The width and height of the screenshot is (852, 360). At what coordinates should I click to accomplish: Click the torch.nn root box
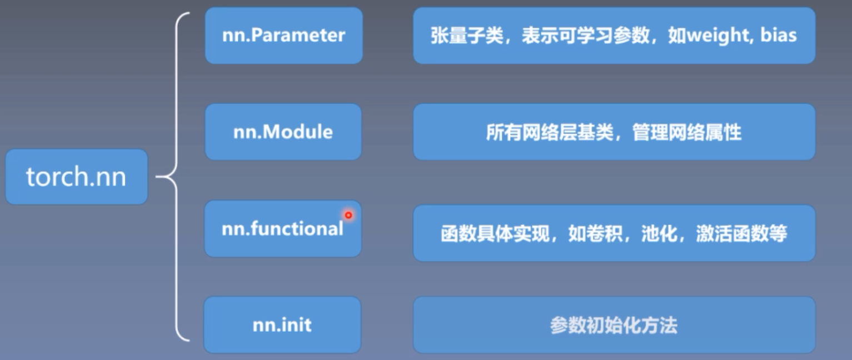pyautogui.click(x=76, y=177)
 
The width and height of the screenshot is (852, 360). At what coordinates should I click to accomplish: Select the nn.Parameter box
pyautogui.click(x=283, y=36)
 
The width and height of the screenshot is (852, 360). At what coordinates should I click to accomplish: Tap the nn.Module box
pyautogui.click(x=283, y=132)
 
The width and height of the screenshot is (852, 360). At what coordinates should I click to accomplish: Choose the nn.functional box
pyautogui.click(x=283, y=229)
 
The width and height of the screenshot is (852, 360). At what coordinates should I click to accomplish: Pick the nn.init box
pyautogui.click(x=282, y=325)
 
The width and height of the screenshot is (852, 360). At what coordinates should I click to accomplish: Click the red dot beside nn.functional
pyautogui.click(x=348, y=215)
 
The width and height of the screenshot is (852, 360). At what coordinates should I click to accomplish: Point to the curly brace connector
pyautogui.click(x=177, y=177)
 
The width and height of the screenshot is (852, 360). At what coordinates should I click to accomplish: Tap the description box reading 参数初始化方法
pyautogui.click(x=614, y=325)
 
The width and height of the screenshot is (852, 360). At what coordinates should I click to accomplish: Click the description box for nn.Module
pyautogui.click(x=614, y=132)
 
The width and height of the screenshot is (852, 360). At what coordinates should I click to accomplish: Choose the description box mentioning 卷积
pyautogui.click(x=614, y=233)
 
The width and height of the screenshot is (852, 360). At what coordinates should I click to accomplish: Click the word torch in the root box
pyautogui.click(x=56, y=177)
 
